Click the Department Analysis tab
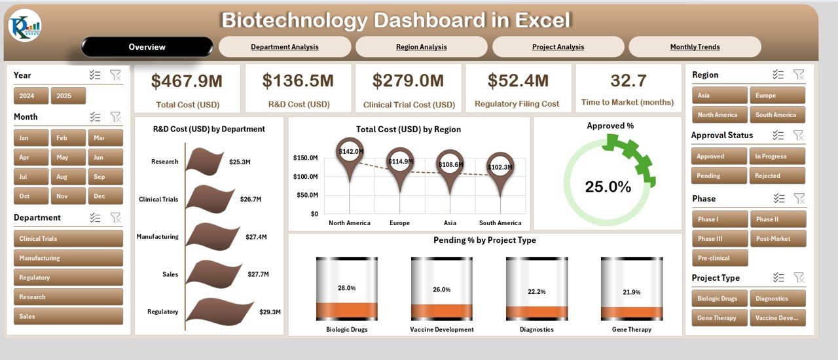coord(285,47)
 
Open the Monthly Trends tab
coord(695,47)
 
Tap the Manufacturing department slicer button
coord(68,258)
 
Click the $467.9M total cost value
coord(187,81)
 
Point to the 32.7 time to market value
coord(628,81)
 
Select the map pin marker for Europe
coord(399,162)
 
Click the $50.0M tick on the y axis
coord(305,195)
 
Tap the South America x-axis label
coord(501,223)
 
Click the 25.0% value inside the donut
coord(608,187)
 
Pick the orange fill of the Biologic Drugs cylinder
coord(346,310)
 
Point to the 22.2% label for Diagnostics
coord(536,291)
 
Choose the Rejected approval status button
coord(777,175)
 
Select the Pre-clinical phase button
coord(720,258)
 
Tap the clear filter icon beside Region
coord(799,75)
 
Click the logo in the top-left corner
coord(25,26)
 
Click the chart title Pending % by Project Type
coord(484,240)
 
